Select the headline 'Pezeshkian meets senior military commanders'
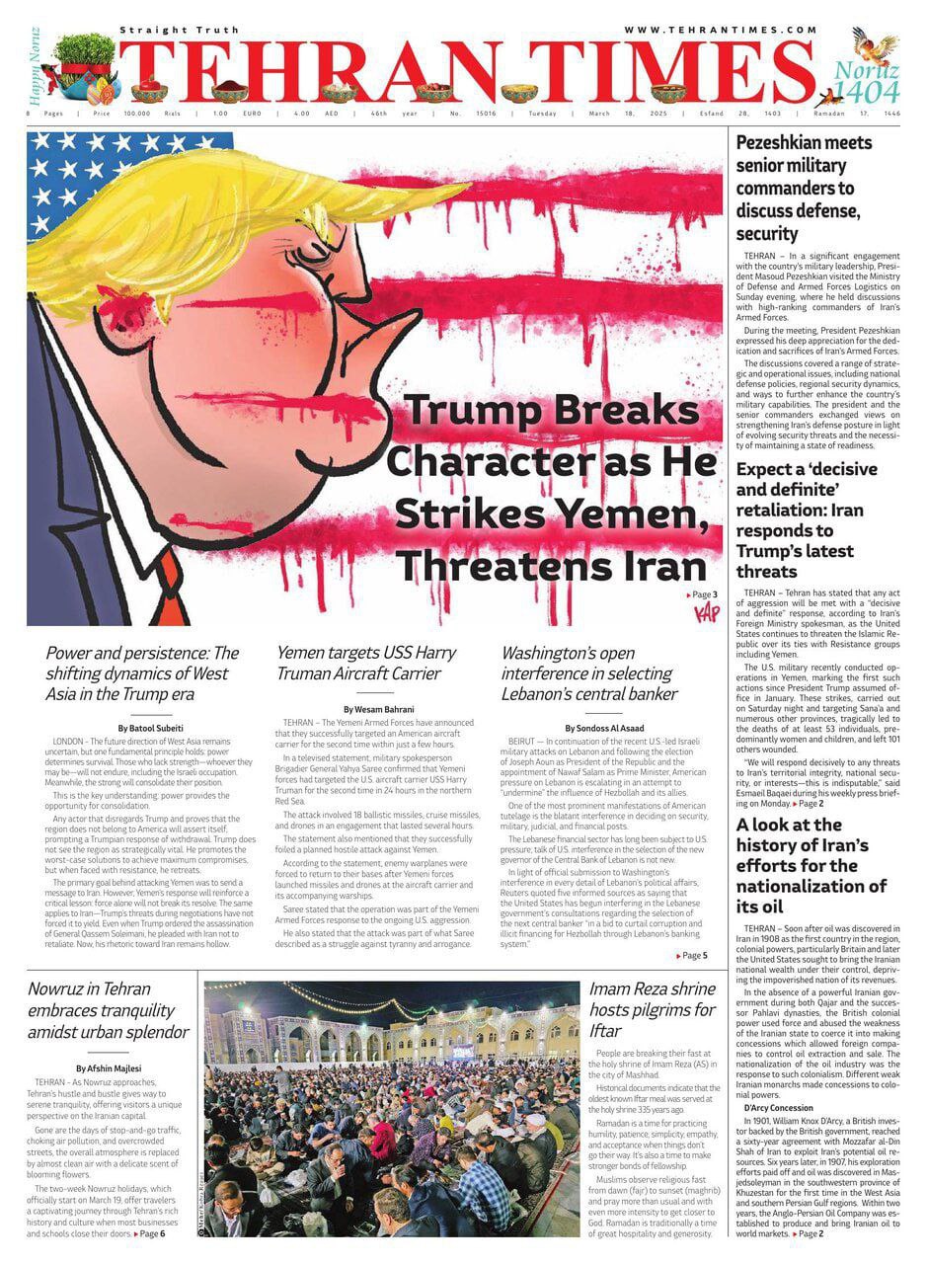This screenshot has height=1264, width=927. point(804,188)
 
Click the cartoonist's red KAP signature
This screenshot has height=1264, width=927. point(707,613)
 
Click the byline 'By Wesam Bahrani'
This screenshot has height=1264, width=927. point(378,709)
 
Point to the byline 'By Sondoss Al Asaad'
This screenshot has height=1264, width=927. point(603,728)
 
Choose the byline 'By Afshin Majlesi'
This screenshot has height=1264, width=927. point(108,1067)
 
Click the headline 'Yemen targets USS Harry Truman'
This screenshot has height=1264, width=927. point(365,664)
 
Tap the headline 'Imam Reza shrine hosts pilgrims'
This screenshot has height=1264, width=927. point(653,1009)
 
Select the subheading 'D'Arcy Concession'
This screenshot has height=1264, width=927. point(779,1108)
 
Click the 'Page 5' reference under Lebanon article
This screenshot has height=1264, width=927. point(692,955)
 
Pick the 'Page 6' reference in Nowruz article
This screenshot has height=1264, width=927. point(149,1233)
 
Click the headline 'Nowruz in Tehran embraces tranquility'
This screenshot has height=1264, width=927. point(108,1010)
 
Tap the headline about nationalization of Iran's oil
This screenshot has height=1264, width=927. point(811,865)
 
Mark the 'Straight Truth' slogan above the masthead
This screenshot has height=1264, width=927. point(167,31)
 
